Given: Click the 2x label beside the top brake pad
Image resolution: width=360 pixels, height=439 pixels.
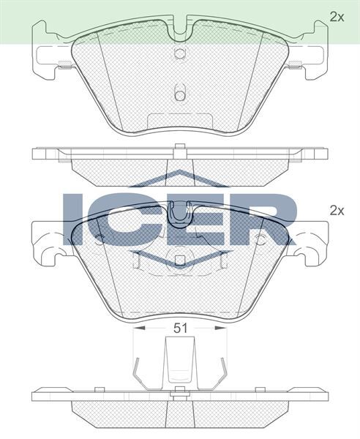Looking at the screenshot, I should click(x=336, y=16).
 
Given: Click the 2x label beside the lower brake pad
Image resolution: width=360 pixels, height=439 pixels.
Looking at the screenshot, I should click(x=336, y=211).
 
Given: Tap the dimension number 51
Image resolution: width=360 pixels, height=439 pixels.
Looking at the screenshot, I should click(x=181, y=329).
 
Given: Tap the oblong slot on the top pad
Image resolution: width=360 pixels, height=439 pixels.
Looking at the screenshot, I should click(x=180, y=93).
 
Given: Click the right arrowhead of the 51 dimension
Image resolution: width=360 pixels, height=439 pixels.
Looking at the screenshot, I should click(x=222, y=329).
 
